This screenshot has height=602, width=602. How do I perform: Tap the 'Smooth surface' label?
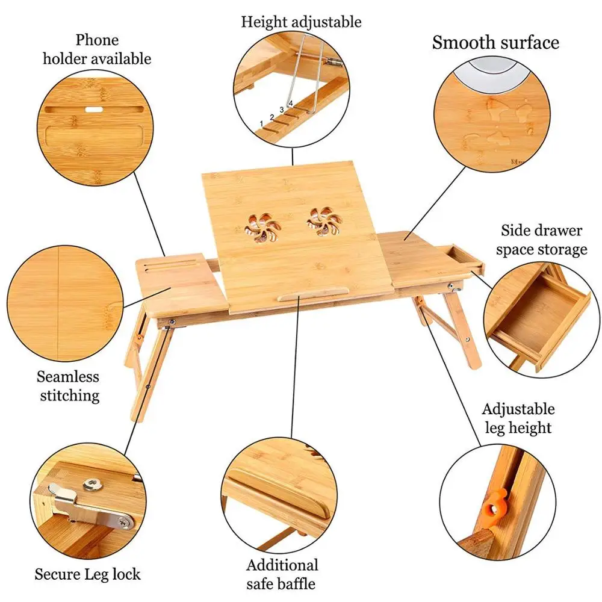coord(495,42)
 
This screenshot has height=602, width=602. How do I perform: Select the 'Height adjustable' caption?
coord(301,22)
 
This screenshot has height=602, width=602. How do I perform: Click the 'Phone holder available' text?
coord(113,49)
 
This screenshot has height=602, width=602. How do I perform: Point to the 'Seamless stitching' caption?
coord(68,386)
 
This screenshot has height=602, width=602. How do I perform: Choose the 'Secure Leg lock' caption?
coord(87,574)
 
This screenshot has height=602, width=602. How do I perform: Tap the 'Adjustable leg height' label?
coord(518,418)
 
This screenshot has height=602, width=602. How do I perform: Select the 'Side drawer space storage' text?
coord(541,240)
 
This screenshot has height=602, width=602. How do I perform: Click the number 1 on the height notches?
coord(261,123)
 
